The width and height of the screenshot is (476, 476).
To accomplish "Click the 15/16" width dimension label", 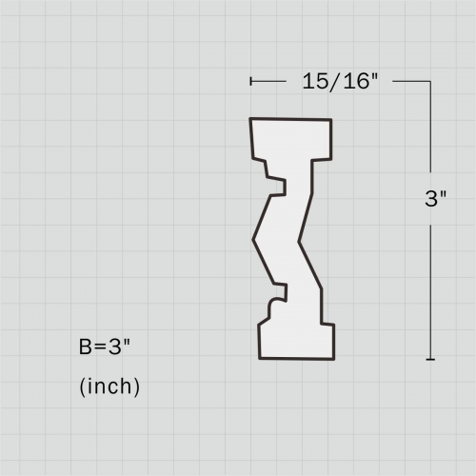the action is pyautogui.click(x=340, y=82).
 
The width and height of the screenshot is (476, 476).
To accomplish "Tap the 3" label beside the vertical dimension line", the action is pyautogui.click(x=435, y=199).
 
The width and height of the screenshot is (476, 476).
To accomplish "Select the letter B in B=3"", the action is pyautogui.click(x=86, y=347).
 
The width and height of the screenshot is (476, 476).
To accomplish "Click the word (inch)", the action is pyautogui.click(x=109, y=387).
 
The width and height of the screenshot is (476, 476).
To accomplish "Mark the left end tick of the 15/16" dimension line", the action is pyautogui.click(x=250, y=82).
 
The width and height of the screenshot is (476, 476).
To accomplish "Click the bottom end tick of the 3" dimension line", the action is pyautogui.click(x=430, y=359).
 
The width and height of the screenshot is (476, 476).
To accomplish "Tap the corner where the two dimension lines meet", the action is pyautogui.click(x=430, y=82).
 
